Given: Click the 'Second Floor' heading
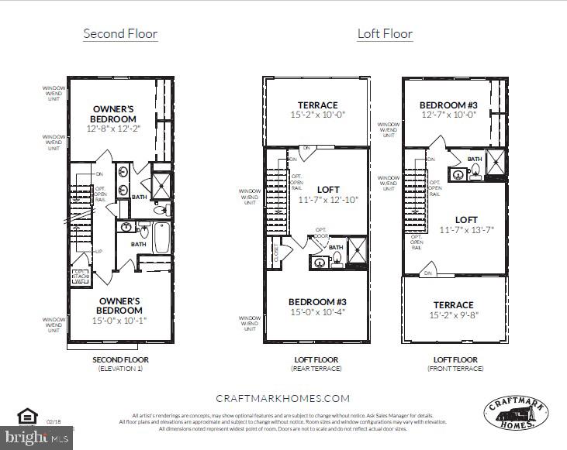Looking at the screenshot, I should click(120, 33).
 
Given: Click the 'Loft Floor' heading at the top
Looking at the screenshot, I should click(385, 33).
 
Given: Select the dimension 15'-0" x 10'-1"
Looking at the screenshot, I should click(119, 320).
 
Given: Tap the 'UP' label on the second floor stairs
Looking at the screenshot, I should click(99, 252).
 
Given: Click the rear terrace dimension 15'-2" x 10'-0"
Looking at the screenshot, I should click(318, 115).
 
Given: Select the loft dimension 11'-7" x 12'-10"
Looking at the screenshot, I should click(329, 199).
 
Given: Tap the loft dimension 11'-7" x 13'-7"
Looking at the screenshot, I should click(465, 230).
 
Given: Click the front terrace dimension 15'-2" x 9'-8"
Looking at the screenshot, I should click(454, 315).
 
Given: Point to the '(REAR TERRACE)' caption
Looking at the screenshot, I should click(316, 369).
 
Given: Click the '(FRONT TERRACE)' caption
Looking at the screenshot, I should click(455, 369).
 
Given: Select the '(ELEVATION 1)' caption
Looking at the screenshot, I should click(120, 369).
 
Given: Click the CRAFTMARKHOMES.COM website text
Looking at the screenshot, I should click(282, 398).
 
